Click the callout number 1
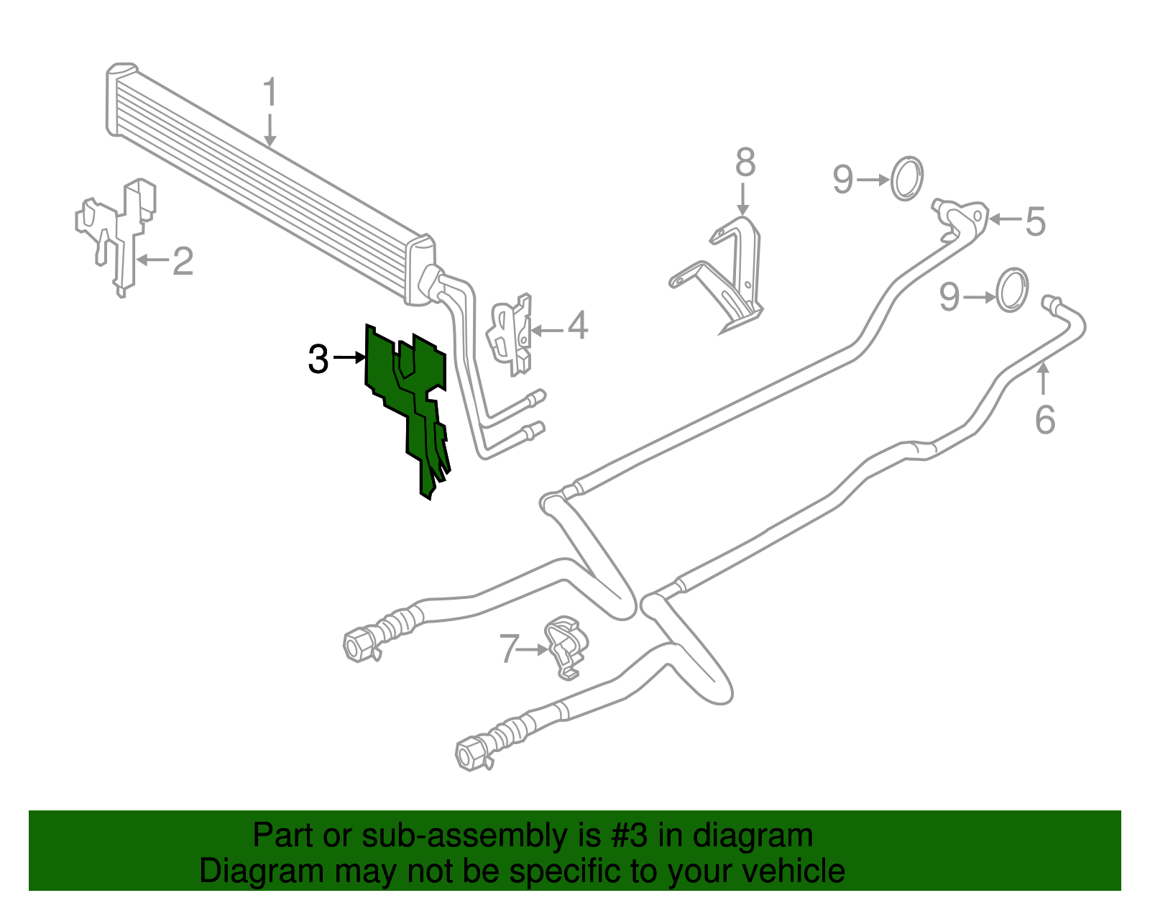coord(270,93)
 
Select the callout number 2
coord(183,261)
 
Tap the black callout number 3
coord(318,359)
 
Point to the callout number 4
coord(578,326)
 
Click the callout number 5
coord(1035,221)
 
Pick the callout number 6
coord(1045,419)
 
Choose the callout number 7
coord(509,649)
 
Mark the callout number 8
coord(745,162)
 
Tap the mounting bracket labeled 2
coord(119,230)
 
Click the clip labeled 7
coord(565,646)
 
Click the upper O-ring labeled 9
coord(907,178)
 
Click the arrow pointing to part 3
coord(350,357)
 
